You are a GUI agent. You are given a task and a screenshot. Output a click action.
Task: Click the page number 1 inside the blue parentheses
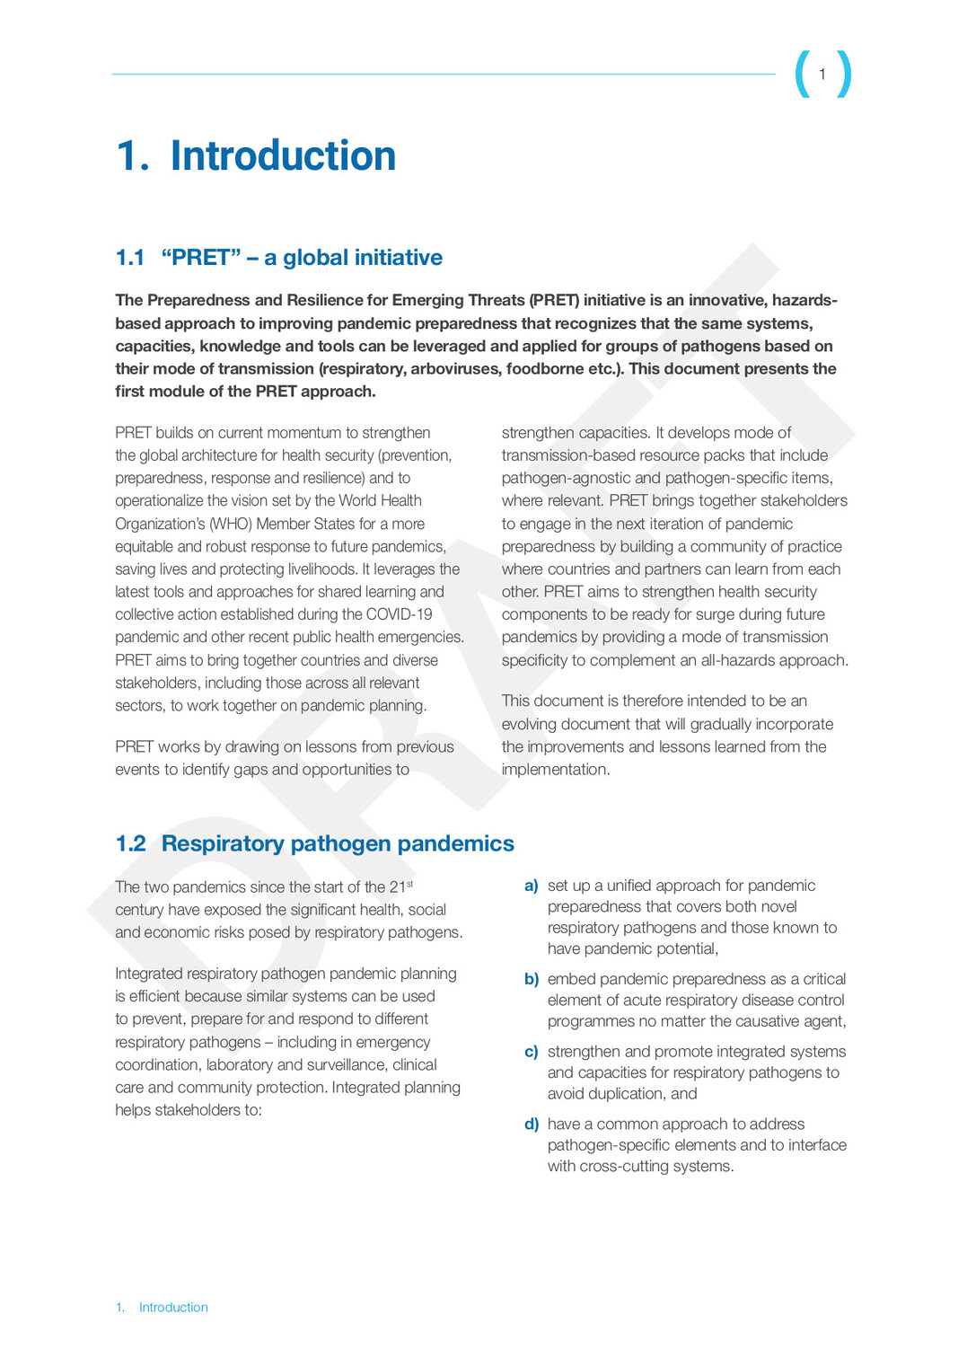[x=822, y=75]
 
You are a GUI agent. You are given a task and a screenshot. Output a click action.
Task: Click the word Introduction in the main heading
[x=283, y=155]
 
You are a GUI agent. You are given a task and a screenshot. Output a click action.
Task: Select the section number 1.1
[x=130, y=258]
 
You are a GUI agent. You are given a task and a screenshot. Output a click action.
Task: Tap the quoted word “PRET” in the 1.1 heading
[x=201, y=258]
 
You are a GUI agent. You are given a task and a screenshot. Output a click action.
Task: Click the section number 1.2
[x=130, y=843]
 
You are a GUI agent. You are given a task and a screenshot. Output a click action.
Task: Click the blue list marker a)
[x=532, y=886]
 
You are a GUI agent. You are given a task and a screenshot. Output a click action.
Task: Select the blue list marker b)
[x=532, y=979]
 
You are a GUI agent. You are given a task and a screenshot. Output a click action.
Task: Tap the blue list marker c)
[x=532, y=1052]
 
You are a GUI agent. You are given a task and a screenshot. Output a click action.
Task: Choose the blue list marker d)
[x=532, y=1124]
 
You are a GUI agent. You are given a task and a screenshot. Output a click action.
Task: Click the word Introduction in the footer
[x=173, y=1308]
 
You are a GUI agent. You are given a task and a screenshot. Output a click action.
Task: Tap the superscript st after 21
[x=409, y=884]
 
